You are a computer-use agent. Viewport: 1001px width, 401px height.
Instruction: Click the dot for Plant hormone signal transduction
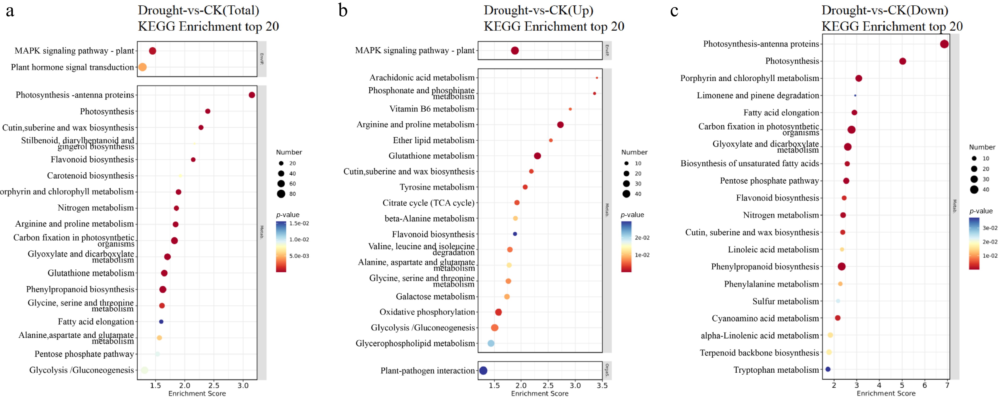[x=143, y=67]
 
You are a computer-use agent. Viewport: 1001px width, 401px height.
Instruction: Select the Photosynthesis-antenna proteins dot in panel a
[x=252, y=95]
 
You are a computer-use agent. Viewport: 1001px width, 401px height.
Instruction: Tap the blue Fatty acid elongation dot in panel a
[x=161, y=322]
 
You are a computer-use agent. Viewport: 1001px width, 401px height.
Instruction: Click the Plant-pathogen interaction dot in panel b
[x=483, y=371]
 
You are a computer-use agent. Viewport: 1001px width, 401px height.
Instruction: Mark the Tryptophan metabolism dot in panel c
[x=828, y=369]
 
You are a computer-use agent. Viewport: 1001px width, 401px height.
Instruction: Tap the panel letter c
[x=674, y=11]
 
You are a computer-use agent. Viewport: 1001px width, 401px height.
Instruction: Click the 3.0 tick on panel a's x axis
[x=243, y=385]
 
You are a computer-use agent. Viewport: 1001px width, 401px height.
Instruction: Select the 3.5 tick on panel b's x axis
[x=602, y=385]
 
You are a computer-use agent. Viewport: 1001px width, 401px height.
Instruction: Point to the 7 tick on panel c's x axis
[x=947, y=385]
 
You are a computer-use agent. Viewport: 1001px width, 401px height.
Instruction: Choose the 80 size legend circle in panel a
[x=281, y=194]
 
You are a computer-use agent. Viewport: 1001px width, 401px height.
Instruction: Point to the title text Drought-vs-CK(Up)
[x=538, y=11]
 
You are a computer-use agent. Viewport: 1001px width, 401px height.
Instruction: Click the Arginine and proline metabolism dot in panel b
[x=560, y=125]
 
